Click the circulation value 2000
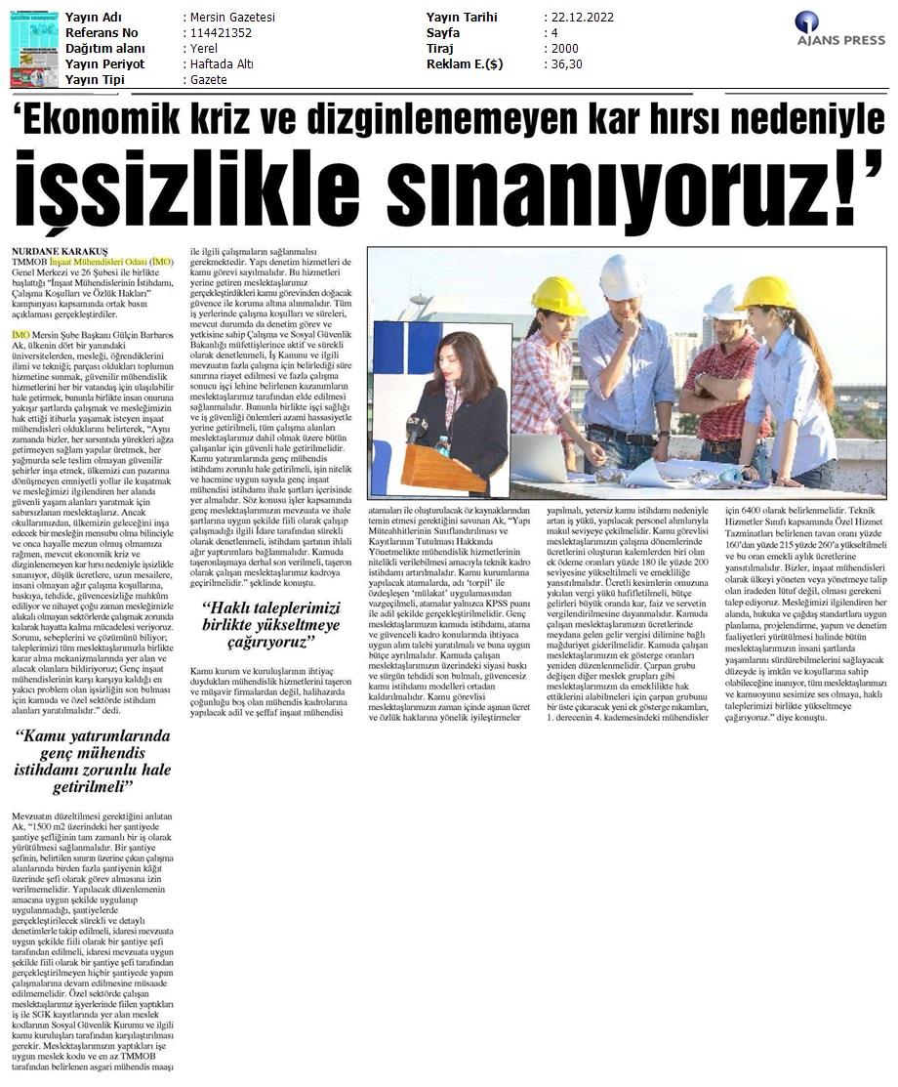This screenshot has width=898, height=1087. point(564,49)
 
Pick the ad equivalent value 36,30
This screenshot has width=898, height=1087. point(567,64)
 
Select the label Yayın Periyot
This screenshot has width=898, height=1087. point(104,64)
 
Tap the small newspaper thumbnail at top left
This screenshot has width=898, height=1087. point(34,48)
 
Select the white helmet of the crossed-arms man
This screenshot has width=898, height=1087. point(724,302)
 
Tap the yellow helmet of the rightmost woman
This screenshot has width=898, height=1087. point(765,292)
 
